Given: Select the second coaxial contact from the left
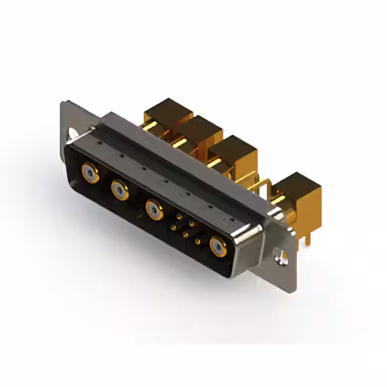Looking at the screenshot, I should point(119,191).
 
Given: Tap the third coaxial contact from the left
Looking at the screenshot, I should point(155,210).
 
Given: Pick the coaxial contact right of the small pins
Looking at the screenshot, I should point(218,246).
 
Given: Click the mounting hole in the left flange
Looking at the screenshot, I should point(74,134).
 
